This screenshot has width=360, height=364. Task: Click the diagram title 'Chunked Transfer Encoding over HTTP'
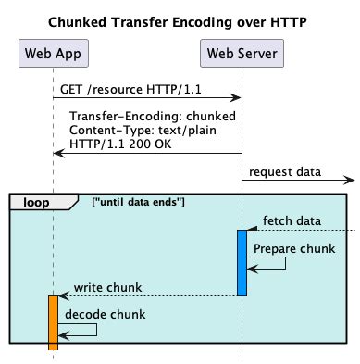[180, 21]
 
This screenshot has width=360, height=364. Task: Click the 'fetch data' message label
[292, 220]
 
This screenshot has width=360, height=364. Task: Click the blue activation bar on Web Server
[242, 262]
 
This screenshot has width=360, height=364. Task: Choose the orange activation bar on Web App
[53, 322]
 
